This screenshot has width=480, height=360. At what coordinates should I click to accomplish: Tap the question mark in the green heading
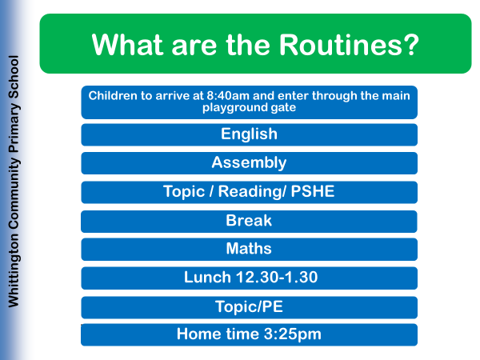point(410,45)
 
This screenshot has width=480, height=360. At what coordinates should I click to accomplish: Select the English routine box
point(249,134)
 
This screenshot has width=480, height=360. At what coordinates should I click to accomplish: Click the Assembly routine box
point(249,163)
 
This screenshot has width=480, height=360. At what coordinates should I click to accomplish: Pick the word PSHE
point(313,192)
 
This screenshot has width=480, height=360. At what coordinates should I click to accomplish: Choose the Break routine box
point(249,222)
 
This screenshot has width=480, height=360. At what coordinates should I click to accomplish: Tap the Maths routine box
point(249,249)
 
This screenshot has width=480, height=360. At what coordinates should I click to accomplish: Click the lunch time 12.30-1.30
point(277,278)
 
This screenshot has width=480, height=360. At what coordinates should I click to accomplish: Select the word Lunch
point(207,278)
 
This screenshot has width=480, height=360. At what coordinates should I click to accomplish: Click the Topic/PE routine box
point(249,307)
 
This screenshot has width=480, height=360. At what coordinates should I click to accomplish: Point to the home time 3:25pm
point(292,334)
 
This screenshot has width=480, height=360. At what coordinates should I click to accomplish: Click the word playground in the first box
point(233,108)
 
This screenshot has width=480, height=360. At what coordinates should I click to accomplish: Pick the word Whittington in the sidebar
point(14,270)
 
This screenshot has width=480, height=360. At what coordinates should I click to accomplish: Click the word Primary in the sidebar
point(14,128)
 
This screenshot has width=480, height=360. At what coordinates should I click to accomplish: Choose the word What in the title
point(127,45)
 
